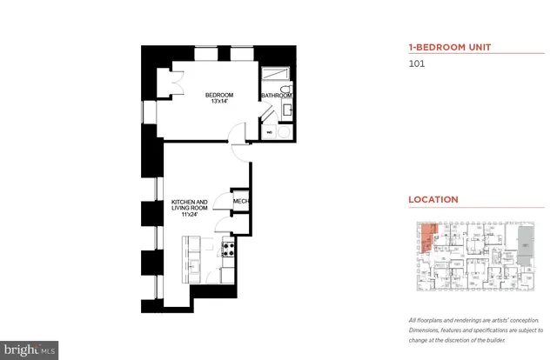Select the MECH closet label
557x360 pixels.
pyautogui.click(x=241, y=202)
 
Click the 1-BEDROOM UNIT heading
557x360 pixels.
pyautogui.click(x=442, y=48)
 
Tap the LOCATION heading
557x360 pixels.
pyautogui.click(x=433, y=200)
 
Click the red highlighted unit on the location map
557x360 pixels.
pyautogui.click(x=425, y=237)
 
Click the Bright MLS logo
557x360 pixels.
pyautogui.click(x=30, y=350)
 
